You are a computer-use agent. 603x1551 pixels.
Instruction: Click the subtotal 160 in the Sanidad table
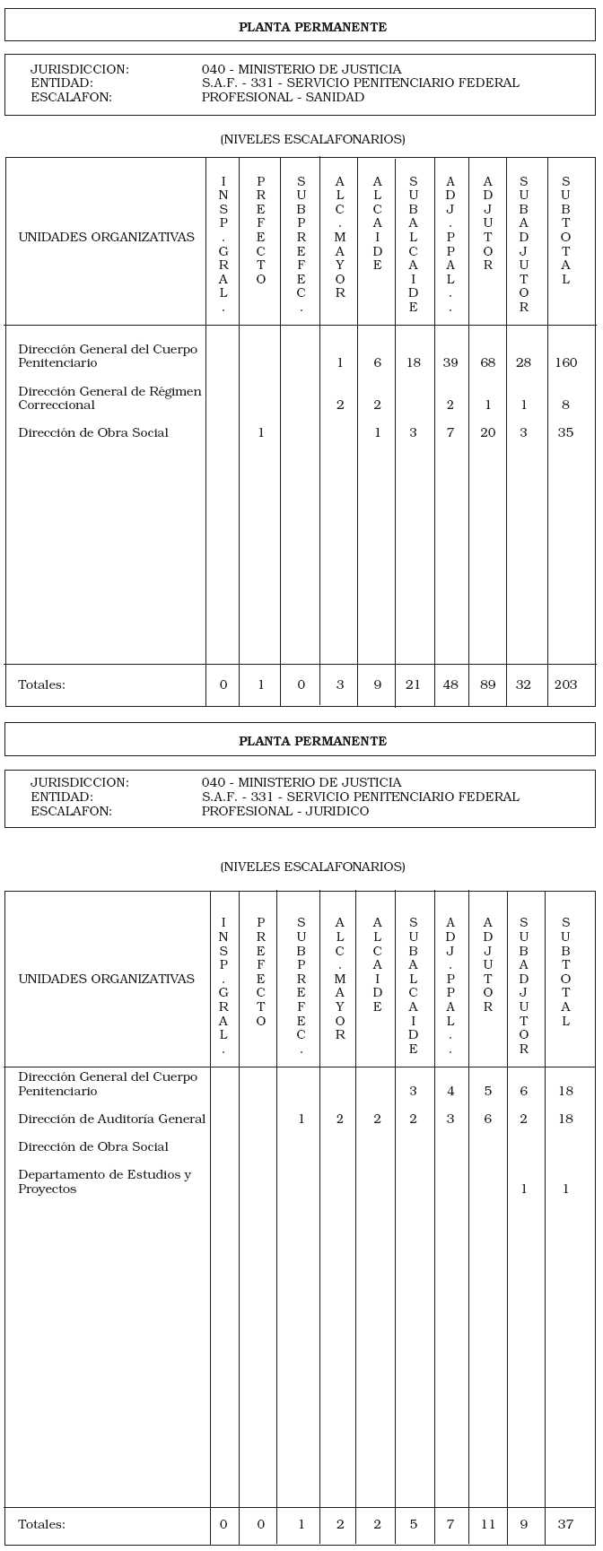(x=565, y=362)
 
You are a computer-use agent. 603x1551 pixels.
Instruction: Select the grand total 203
(x=565, y=684)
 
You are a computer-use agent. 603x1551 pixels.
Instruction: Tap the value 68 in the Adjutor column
(x=487, y=362)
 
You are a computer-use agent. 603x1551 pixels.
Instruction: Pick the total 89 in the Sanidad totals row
(x=487, y=684)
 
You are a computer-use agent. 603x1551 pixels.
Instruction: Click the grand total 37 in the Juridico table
(x=565, y=1524)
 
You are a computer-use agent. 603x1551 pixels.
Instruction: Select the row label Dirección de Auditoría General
(x=111, y=1119)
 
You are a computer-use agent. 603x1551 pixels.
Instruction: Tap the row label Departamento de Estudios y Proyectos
(x=104, y=1181)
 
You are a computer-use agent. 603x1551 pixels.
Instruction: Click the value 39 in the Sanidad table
(x=450, y=362)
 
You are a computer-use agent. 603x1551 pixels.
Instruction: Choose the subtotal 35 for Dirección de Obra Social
(x=565, y=432)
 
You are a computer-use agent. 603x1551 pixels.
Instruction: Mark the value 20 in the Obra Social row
(x=487, y=432)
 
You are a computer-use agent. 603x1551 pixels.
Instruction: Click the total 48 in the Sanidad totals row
(x=450, y=684)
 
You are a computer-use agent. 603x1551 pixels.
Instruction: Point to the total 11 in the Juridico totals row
(x=487, y=1524)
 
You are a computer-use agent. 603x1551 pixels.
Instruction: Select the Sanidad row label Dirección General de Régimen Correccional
(x=109, y=397)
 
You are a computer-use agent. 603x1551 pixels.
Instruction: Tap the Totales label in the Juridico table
(x=41, y=1524)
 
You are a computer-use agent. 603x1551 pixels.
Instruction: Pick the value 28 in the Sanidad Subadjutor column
(x=523, y=362)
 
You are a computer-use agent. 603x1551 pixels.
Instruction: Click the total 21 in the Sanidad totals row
(x=413, y=684)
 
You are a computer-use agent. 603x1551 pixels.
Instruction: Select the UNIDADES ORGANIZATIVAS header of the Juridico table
(x=106, y=979)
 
